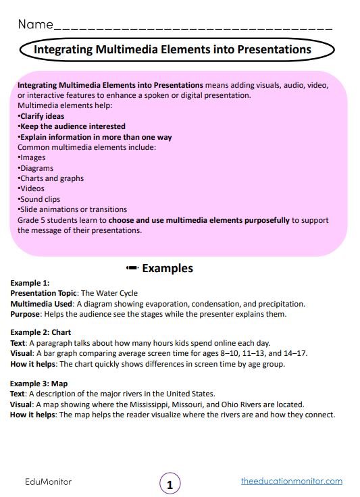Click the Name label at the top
(34, 25)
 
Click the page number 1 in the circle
(170, 483)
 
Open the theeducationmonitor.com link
(291, 481)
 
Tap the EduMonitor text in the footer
(45, 481)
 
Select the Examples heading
(167, 268)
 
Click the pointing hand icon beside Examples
(132, 268)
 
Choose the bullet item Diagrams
(36, 168)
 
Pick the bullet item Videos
(33, 189)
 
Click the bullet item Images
(33, 157)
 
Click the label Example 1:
(30, 283)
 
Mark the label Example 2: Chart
(41, 333)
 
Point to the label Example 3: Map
(38, 383)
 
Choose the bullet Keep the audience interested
(72, 126)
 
